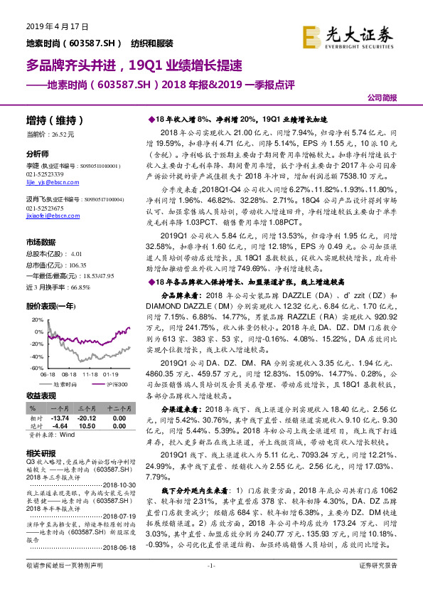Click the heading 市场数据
[43, 242]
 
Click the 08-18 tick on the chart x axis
[69, 371]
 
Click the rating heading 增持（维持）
[55, 120]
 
